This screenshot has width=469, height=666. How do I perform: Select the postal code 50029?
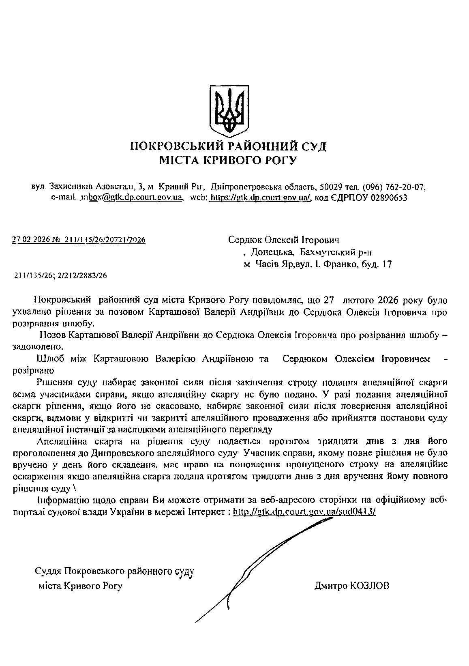pyautogui.click(x=332, y=187)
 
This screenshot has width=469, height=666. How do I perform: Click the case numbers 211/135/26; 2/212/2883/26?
pyautogui.click(x=61, y=276)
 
